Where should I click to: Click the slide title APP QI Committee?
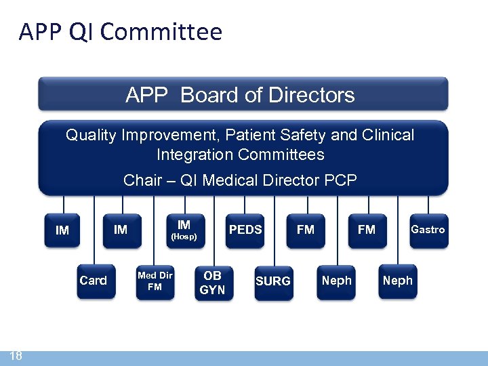[121, 32]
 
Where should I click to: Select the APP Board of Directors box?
[243, 94]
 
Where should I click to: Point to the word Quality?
[91, 135]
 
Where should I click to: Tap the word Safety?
[304, 135]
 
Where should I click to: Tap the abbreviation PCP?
[340, 180]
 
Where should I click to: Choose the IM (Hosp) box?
[184, 230]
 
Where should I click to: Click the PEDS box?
[245, 230]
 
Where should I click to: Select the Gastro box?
[428, 230]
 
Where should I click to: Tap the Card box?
[94, 281]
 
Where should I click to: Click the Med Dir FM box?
[155, 281]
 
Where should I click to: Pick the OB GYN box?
[212, 282]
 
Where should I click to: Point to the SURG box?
[273, 281]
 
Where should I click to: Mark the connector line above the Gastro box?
[428, 205]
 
